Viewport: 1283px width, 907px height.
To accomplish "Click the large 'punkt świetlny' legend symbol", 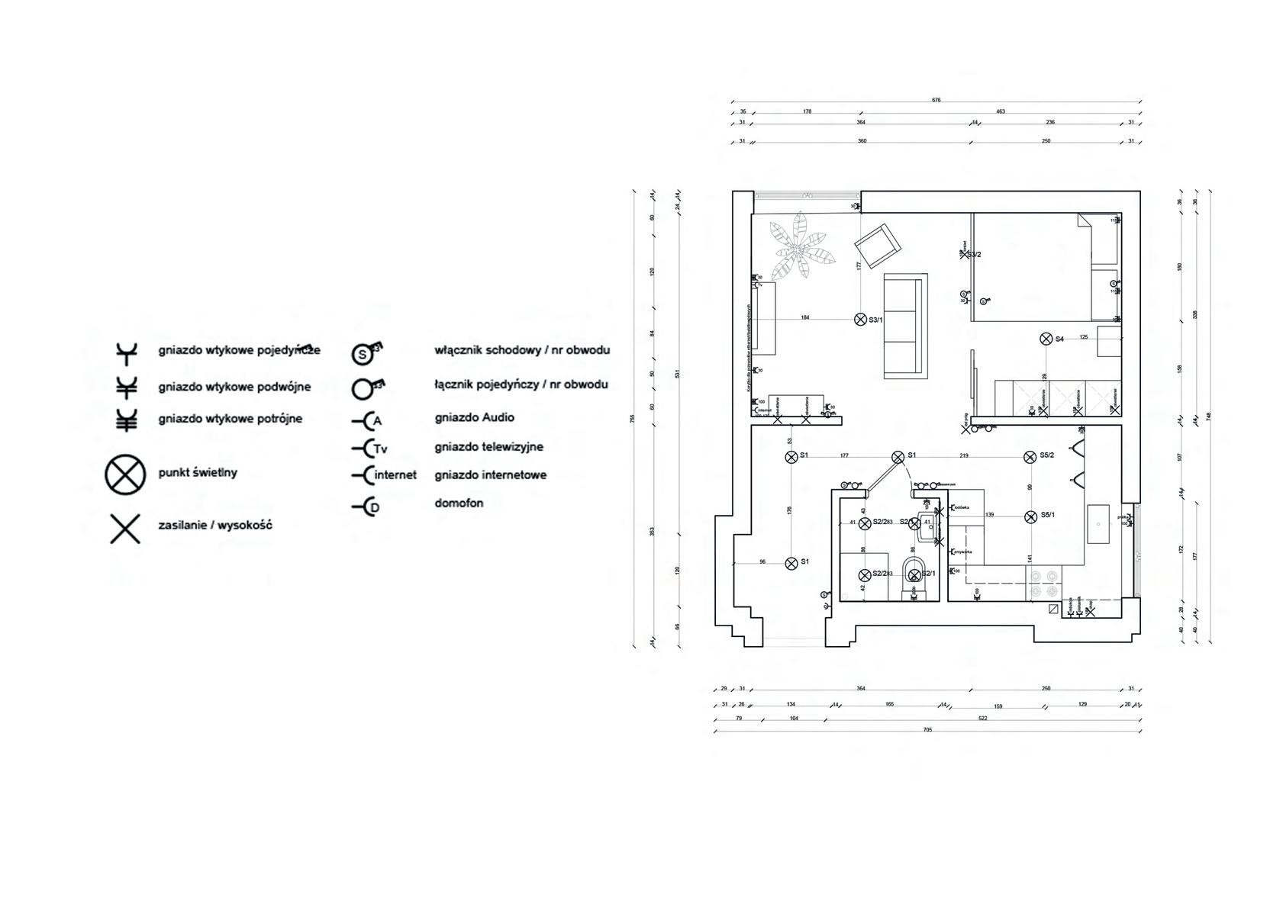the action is (x=125, y=474).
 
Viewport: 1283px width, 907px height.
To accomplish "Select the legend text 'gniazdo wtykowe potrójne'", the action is (x=230, y=419).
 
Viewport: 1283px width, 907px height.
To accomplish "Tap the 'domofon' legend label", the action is (x=459, y=503).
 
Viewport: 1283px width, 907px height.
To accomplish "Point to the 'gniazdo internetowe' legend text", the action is (x=490, y=475).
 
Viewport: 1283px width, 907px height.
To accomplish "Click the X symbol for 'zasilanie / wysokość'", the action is (x=125, y=529).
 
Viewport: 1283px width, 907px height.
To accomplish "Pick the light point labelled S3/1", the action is (x=861, y=320).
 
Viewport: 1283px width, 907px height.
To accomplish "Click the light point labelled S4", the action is (x=1046, y=339).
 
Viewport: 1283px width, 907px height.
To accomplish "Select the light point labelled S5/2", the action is (x=1030, y=456).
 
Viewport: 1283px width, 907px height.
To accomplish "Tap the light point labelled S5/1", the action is (x=1030, y=516).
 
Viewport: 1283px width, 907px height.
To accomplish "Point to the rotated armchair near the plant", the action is (x=878, y=244).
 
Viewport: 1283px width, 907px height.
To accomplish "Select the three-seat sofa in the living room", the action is (x=906, y=326).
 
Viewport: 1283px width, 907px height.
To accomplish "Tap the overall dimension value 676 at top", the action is (x=936, y=100).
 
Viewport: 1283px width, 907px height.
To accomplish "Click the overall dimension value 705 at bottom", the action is (x=927, y=730).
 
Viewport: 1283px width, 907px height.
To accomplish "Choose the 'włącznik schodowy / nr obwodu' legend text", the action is (x=522, y=351).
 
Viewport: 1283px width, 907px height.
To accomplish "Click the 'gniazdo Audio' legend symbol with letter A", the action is (x=367, y=420).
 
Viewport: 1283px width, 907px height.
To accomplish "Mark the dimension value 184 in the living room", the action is (x=804, y=317).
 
